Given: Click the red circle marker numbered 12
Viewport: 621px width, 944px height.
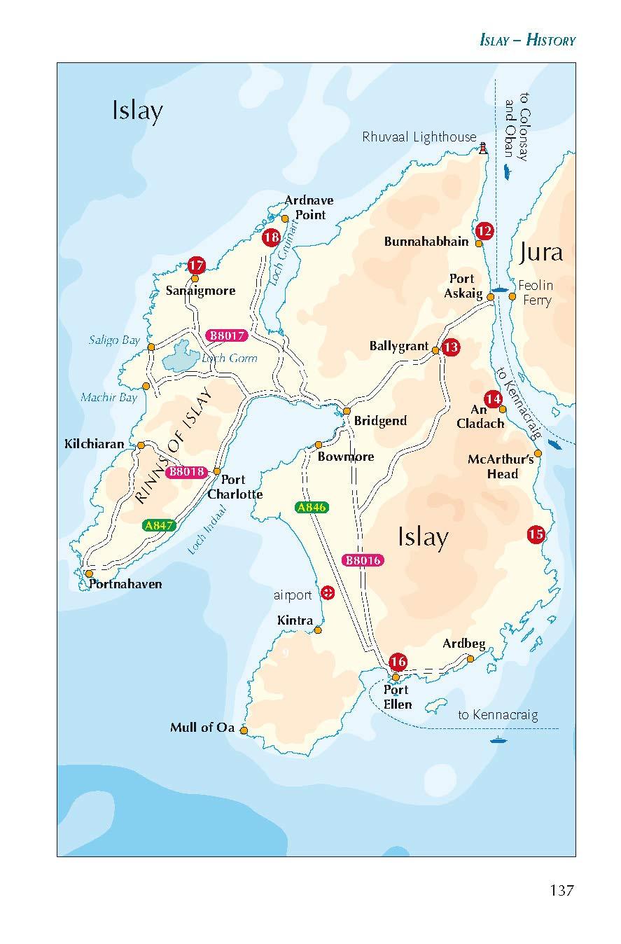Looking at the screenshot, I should click(x=484, y=231).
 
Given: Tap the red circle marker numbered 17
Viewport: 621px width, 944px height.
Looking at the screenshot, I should click(x=197, y=266).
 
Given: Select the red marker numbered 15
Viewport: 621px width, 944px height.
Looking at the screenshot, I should click(x=536, y=534).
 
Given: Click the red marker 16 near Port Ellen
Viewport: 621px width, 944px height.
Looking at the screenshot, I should click(x=398, y=662).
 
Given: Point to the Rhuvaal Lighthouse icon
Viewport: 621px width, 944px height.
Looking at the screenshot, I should click(x=483, y=148).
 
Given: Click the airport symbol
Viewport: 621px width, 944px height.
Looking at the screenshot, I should click(x=326, y=593).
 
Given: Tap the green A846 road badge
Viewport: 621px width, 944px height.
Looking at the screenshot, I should click(x=312, y=508).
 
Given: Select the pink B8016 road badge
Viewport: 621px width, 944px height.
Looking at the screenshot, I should click(x=362, y=560).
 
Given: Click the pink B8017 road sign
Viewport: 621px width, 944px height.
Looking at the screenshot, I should click(x=228, y=336).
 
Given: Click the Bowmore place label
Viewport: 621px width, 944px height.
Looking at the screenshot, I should click(x=346, y=457).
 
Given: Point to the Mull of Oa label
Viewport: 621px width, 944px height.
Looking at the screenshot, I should click(x=202, y=728).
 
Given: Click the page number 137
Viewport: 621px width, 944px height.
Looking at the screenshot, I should click(x=561, y=890).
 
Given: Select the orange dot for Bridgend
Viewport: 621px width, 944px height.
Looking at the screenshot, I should click(x=346, y=411).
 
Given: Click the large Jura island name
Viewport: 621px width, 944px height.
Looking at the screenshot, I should click(x=541, y=252).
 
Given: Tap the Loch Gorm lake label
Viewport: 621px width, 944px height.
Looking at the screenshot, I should click(x=229, y=359).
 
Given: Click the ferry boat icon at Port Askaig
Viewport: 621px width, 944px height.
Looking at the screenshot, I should click(x=500, y=289).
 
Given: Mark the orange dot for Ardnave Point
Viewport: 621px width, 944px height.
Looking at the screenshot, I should click(x=285, y=218).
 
